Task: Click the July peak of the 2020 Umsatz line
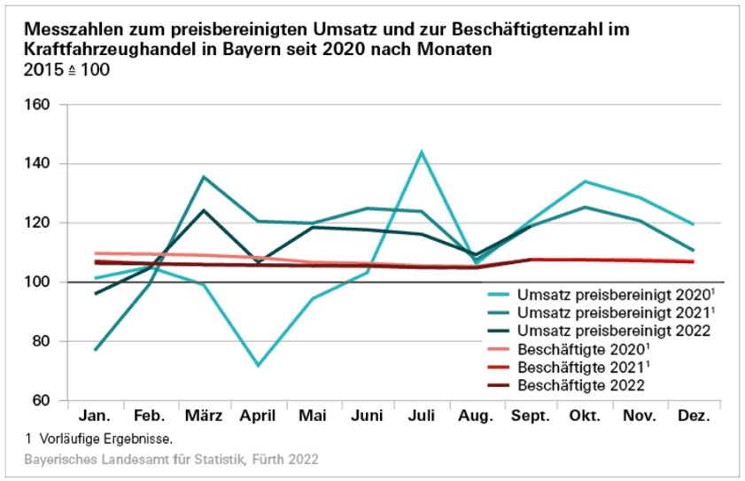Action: point(422,151)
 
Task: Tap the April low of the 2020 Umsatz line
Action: point(258,365)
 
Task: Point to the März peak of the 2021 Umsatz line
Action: point(204,177)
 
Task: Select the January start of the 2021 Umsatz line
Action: point(95,350)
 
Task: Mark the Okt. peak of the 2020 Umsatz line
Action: point(586,182)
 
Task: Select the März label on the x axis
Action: point(203,416)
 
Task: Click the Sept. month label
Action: point(531,416)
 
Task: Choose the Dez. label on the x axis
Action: point(694,416)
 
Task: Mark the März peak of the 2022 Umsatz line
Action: point(204,210)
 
